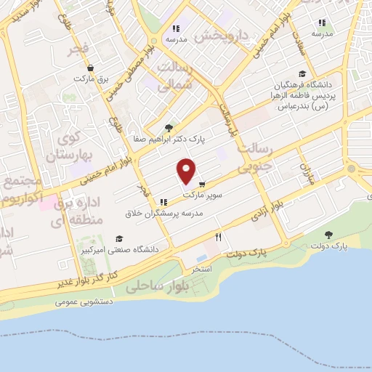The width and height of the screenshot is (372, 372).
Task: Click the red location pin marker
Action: coord(187,171)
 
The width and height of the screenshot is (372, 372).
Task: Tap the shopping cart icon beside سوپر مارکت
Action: coord(202,184)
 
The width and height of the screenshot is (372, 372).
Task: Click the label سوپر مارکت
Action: coord(202,195)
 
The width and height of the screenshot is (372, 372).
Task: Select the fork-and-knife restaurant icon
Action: coord(218,237)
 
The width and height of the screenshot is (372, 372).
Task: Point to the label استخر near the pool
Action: coord(201,269)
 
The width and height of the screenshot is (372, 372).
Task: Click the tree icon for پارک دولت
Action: coord(328,235)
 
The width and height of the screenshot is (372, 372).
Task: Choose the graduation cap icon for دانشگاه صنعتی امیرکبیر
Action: coord(119,238)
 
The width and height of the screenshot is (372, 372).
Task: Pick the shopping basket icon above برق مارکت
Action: coord(89,68)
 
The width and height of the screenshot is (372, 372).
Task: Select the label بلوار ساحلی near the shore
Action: coord(156,286)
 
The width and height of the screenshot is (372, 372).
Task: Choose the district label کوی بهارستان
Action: coord(65,145)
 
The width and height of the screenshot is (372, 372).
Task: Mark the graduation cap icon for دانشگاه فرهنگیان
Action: coord(302,73)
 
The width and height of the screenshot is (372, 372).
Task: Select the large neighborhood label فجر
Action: coord(78,49)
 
